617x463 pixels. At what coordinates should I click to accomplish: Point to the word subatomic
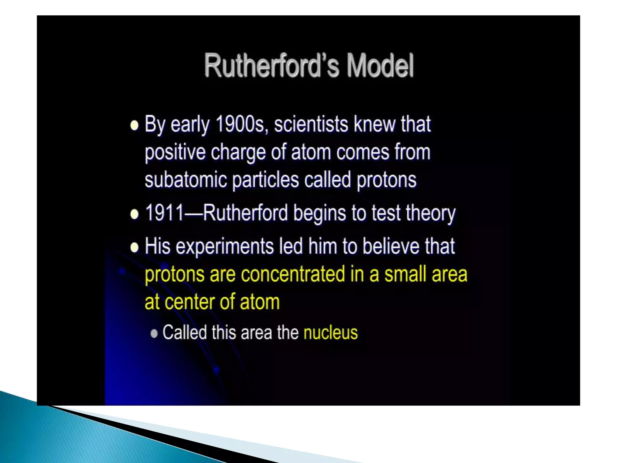(x=186, y=179)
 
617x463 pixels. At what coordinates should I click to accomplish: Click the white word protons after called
(x=387, y=180)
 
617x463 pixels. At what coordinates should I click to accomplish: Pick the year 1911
(x=164, y=213)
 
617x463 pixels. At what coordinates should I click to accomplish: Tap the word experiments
(x=224, y=246)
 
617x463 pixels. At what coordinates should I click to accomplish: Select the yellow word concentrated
(x=293, y=274)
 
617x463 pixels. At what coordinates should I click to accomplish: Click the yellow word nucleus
(x=330, y=332)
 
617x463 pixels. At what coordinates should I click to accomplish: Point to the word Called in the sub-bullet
(x=185, y=332)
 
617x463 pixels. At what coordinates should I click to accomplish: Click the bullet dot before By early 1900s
(x=134, y=125)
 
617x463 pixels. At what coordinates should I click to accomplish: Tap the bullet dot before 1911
(x=134, y=214)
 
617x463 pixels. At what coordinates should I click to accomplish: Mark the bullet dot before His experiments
(x=134, y=247)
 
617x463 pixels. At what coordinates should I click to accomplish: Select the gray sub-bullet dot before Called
(x=154, y=333)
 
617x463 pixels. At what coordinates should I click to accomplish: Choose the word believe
(x=391, y=246)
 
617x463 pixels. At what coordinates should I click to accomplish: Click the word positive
(x=175, y=152)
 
